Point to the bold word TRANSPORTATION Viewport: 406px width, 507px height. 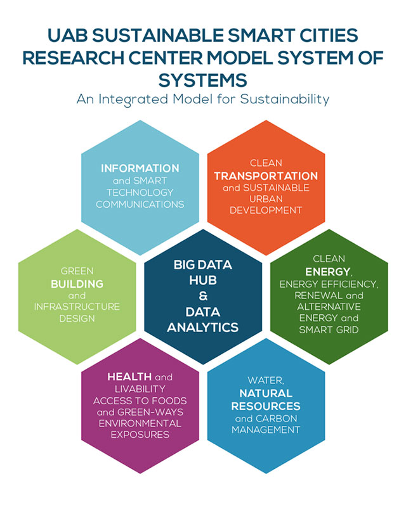click(266, 176)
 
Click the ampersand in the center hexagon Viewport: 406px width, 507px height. click(202, 295)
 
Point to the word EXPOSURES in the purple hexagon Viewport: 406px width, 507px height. click(140, 435)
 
